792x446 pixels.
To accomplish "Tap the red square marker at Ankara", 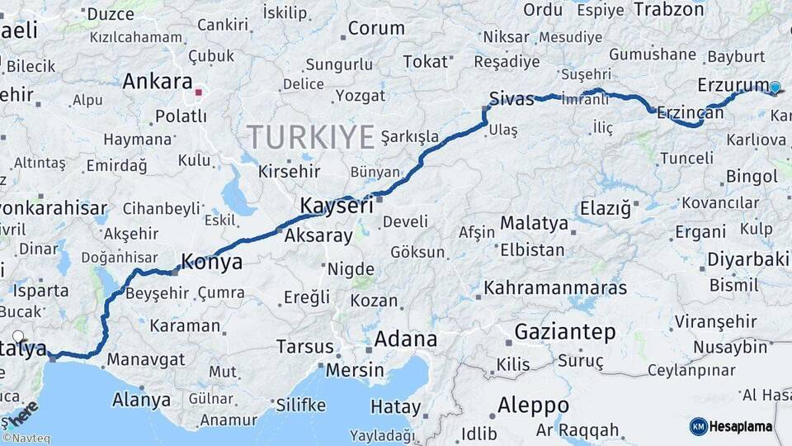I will point(199,93).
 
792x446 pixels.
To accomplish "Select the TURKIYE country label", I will point(311,136).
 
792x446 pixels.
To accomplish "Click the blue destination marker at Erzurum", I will point(775,87).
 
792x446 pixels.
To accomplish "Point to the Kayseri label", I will point(337,206).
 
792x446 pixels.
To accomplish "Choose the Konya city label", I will point(211,263).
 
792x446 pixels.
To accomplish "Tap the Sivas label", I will point(511,98).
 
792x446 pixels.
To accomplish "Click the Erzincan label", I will point(691,112).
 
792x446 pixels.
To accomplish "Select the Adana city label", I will point(405,339).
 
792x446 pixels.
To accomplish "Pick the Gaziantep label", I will point(565,332).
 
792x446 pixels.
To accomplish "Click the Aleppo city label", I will point(533,406).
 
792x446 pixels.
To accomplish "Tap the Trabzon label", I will point(668,10).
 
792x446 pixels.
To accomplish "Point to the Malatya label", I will point(534,224).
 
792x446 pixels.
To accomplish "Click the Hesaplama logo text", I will point(742,426).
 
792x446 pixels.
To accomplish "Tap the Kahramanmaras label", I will point(555,288).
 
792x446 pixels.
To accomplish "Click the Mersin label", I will point(355,369).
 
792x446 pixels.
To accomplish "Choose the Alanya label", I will point(141,401).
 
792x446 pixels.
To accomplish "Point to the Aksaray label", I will point(318,235).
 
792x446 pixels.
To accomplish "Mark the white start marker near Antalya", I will point(18,337).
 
